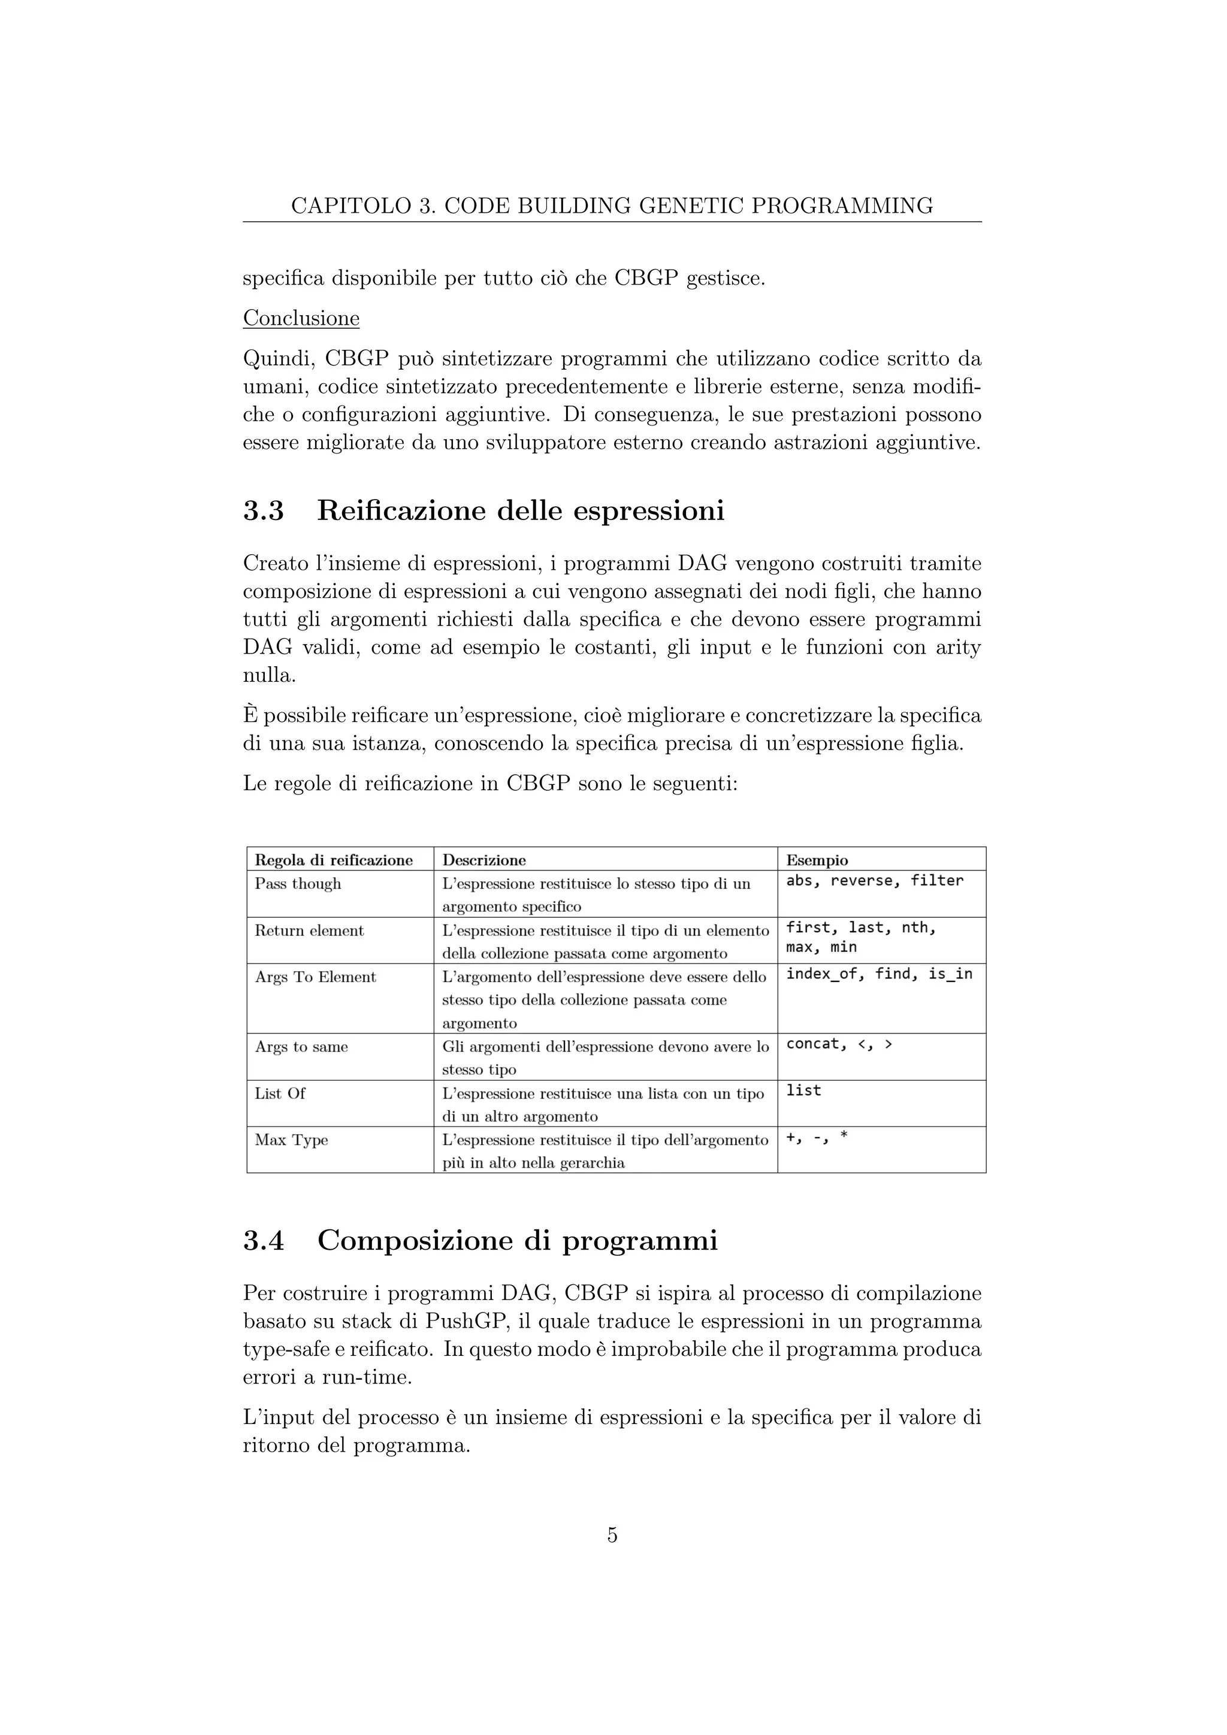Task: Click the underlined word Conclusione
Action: coord(301,318)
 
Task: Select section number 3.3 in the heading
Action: coord(263,511)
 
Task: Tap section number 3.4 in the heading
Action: coord(263,1240)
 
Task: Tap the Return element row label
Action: coord(309,930)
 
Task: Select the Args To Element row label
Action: coord(315,977)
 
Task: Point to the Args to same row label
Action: coord(301,1047)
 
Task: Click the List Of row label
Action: coord(280,1093)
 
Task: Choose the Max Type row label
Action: coord(291,1139)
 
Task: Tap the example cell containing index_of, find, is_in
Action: coord(879,974)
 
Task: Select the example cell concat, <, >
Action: coord(839,1044)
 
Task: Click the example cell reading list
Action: coord(803,1090)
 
